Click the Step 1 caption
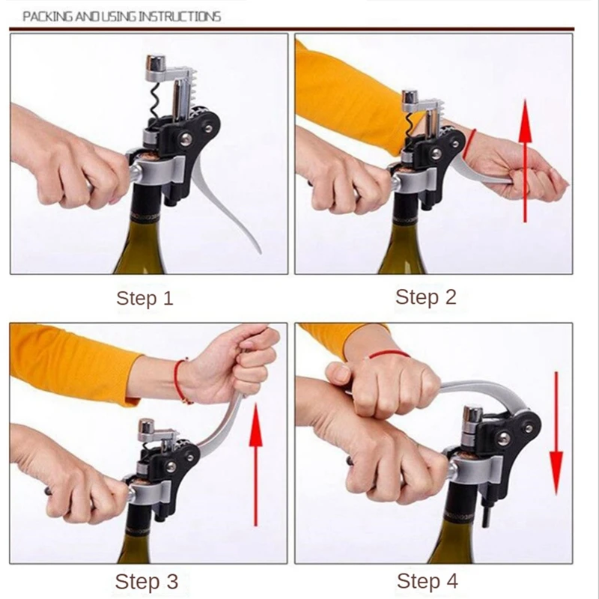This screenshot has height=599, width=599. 145,298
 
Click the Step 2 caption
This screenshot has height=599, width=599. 426,297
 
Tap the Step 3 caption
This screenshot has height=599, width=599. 147,582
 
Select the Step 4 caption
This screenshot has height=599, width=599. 428,581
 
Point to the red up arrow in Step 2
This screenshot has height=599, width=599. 526,160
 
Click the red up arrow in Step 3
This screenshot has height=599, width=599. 255,466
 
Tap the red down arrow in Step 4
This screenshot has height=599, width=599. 556,434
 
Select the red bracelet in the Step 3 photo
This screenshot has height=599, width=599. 180,381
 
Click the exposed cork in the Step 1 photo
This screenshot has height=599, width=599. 146,156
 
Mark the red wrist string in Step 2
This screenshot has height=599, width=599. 469,144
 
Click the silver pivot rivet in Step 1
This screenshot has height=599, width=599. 186,138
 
